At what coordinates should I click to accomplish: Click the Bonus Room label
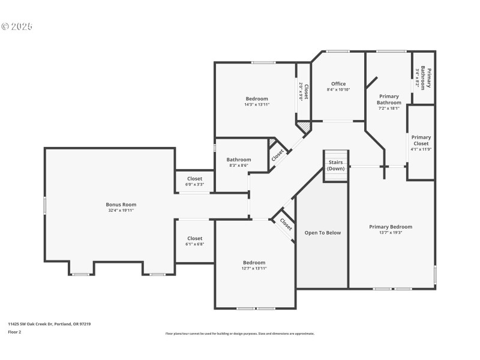121,205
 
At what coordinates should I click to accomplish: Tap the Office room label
338,84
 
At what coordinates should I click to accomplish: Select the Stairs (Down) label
336,165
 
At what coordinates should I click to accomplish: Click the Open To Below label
322,233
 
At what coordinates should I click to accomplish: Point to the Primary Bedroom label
391,227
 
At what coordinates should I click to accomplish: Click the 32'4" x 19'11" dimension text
121,211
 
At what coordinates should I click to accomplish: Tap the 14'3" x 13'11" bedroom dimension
257,104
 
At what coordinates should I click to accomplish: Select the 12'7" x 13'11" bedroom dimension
254,268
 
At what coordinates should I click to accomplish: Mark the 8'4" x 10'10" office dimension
338,89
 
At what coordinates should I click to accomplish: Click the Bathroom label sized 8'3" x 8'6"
238,160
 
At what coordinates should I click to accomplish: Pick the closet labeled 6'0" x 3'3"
194,184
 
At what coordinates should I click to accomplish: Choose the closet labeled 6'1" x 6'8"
194,244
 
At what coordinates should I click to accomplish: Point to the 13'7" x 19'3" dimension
391,233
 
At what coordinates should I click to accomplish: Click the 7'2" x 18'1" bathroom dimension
389,109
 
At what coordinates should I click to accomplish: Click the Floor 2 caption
15,331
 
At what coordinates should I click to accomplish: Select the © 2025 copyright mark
17,27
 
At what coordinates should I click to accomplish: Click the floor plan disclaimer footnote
240,334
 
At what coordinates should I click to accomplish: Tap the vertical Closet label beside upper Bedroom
306,91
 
